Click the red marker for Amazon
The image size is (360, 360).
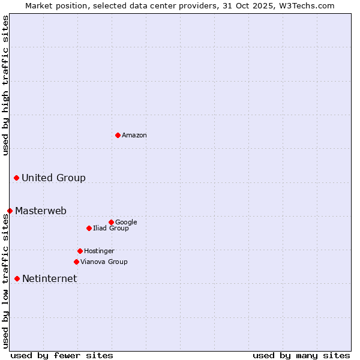pos(118,135)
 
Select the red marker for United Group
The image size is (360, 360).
pos(16,178)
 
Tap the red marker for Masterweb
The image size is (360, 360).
pos(10,211)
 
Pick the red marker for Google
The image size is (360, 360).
pos(111,222)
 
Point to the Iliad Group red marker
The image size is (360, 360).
pos(89,228)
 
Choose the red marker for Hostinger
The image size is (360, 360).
pos(80,251)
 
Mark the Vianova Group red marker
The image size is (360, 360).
pos(76,262)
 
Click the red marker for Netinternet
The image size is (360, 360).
pos(17,278)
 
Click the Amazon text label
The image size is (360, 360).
pos(134,136)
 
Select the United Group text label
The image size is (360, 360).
pos(53,178)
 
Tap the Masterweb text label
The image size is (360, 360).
pos(41,211)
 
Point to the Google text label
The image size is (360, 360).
pos(126,222)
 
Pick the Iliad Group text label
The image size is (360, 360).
pos(111,228)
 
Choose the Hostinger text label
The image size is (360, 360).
pos(99,251)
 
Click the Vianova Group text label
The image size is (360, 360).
pos(104,262)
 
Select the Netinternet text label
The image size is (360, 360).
pos(49,278)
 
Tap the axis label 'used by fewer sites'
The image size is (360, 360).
pos(62,355)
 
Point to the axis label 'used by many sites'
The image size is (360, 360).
pos(301,355)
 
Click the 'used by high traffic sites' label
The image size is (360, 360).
pos(5,85)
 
